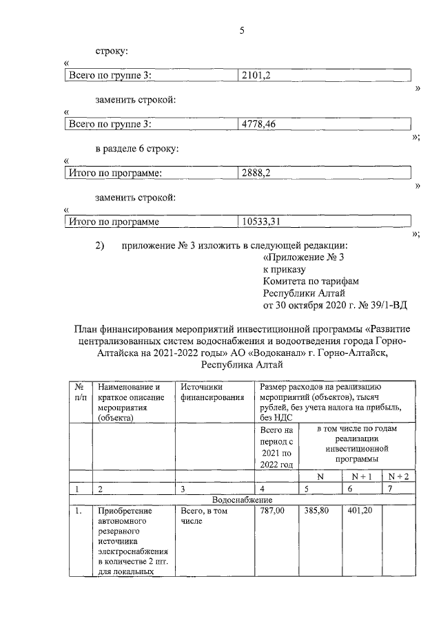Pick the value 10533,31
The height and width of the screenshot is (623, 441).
click(x=261, y=222)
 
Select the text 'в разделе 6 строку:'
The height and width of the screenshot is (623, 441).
click(x=138, y=149)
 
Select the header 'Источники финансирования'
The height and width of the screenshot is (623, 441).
click(x=212, y=392)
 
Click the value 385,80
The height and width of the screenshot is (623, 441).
click(x=316, y=511)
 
